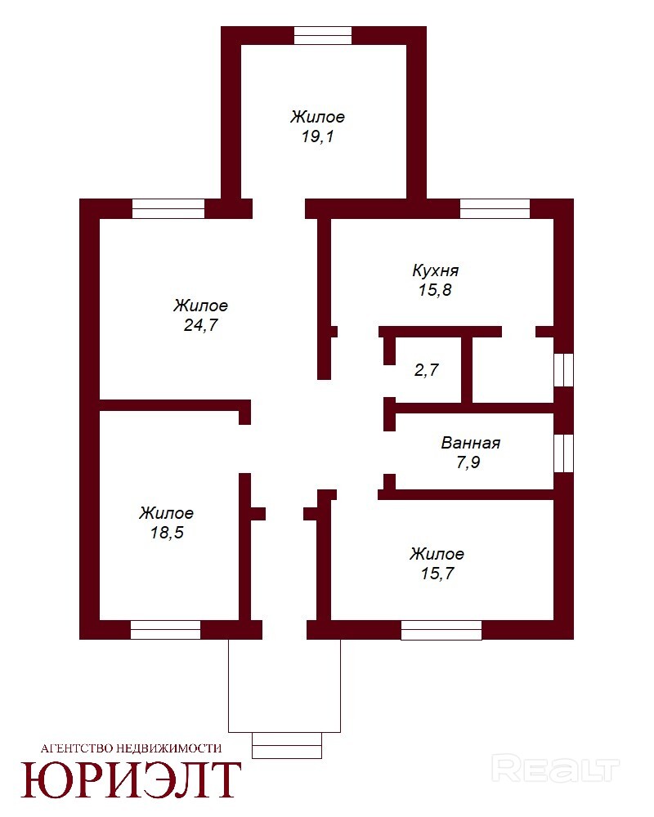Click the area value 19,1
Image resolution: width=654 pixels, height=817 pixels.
click(318, 136)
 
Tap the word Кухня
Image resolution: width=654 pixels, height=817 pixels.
click(436, 270)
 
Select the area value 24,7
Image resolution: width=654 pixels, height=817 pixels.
click(201, 325)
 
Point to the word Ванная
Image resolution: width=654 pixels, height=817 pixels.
click(470, 443)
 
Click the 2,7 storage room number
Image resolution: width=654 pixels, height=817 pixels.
click(426, 370)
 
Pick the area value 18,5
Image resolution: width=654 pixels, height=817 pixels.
click(167, 533)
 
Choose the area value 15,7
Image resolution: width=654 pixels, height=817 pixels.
click(437, 574)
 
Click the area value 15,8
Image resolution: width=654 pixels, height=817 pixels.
click(435, 290)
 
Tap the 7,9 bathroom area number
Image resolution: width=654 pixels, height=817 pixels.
click(468, 462)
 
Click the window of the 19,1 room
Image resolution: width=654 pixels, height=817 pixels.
click(323, 35)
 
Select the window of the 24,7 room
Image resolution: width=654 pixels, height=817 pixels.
click(168, 208)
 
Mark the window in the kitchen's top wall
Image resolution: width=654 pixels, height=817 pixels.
click(495, 208)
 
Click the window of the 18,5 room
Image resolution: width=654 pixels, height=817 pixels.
click(165, 630)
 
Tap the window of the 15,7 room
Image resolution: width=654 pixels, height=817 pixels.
click(441, 630)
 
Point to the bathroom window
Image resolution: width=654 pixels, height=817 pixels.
click(564, 453)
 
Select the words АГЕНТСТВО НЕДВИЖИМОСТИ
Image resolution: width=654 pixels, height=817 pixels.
click(131, 748)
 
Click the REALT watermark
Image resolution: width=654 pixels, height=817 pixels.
click(556, 770)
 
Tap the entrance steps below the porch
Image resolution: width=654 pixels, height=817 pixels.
click(287, 746)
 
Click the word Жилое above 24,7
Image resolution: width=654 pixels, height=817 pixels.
click(201, 306)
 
